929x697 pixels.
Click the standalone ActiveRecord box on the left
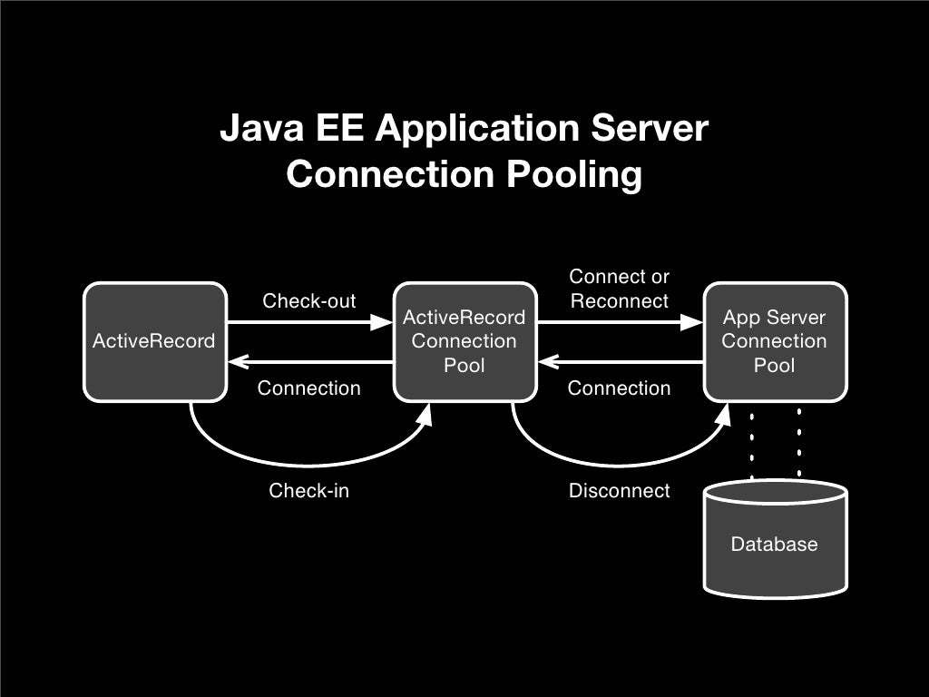click(x=154, y=341)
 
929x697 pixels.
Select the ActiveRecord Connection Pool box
click(x=464, y=341)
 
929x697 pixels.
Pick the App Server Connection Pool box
click(x=775, y=341)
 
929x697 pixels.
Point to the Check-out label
click(x=308, y=300)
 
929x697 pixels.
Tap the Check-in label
click(x=308, y=491)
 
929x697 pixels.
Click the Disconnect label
click(x=619, y=491)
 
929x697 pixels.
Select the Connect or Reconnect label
click(x=619, y=289)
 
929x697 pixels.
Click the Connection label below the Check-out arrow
click(x=308, y=388)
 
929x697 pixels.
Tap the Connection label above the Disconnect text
click(x=619, y=388)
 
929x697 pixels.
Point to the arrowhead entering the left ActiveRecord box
click(x=238, y=362)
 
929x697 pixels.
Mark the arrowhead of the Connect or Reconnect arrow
click(x=694, y=321)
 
